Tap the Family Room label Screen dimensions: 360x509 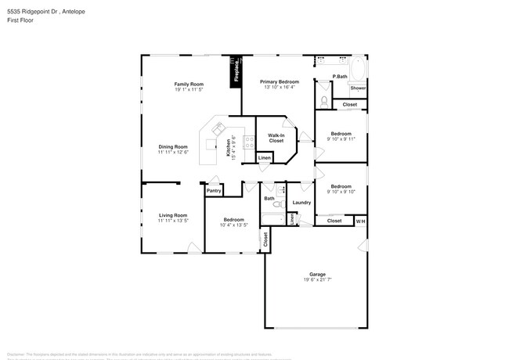[189, 84]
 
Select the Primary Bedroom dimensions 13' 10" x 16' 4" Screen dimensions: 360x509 [278, 87]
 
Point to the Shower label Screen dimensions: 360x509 [358, 88]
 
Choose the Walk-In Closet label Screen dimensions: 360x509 [276, 137]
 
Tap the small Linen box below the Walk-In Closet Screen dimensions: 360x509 [265, 158]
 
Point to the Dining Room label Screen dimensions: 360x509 [173, 146]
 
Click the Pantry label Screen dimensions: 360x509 [213, 190]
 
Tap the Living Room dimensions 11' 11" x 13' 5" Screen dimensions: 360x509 [173, 221]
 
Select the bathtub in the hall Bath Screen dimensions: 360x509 [270, 216]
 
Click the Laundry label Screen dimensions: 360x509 [302, 203]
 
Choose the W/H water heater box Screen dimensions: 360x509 [360, 221]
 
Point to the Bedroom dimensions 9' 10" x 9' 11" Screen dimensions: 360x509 [341, 139]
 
